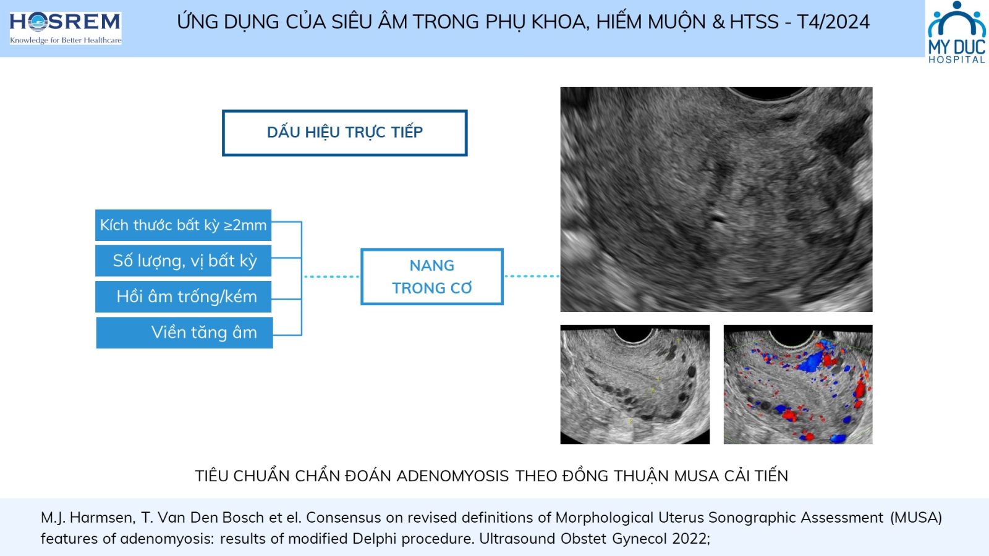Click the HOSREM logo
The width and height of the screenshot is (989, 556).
(66, 28)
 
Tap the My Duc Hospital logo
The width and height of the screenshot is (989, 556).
(957, 32)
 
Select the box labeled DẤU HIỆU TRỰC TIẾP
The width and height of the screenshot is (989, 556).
(344, 133)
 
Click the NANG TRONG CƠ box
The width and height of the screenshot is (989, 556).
(432, 277)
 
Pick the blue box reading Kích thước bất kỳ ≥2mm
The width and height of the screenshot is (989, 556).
(183, 225)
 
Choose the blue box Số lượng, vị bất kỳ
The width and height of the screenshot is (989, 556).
(183, 261)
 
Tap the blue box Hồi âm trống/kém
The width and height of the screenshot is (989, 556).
(183, 297)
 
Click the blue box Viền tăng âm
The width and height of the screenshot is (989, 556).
(185, 333)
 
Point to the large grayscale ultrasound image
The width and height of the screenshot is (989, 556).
(716, 200)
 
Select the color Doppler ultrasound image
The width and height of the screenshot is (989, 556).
(798, 384)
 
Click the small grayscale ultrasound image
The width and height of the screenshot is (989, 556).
(635, 384)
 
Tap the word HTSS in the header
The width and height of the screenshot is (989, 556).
(754, 22)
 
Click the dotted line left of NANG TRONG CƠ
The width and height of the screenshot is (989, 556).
(331, 277)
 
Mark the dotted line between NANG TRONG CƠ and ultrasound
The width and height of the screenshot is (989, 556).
(532, 276)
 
